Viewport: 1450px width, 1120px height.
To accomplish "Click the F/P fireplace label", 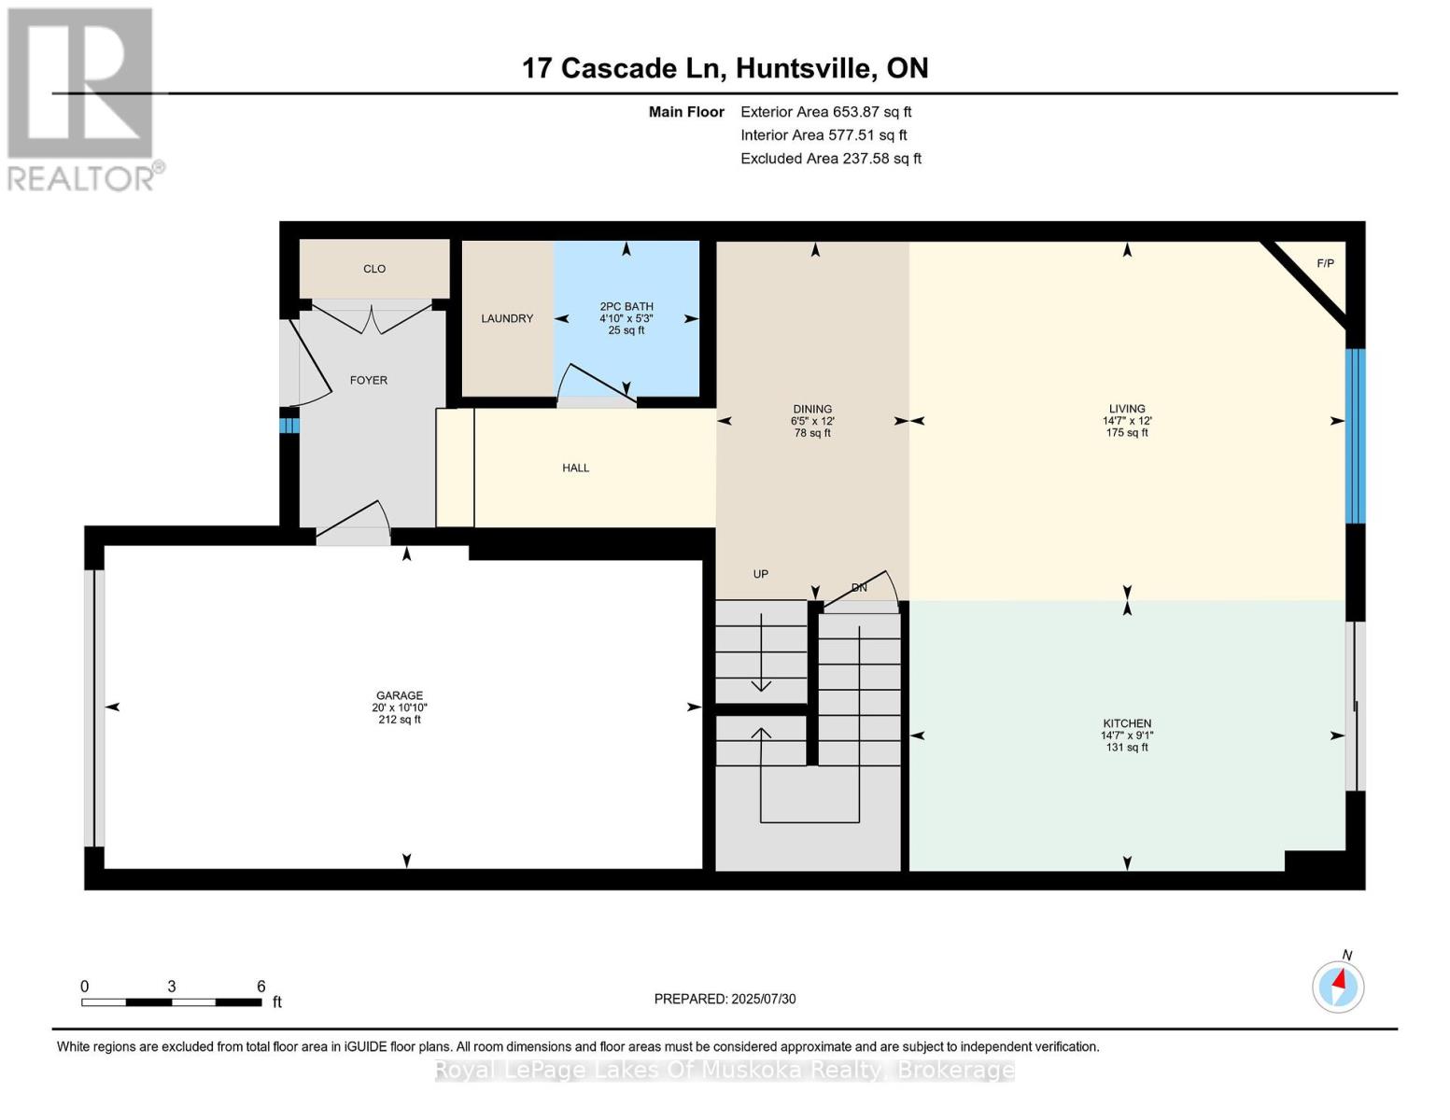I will (1325, 264).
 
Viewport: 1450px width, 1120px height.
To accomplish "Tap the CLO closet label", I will (374, 269).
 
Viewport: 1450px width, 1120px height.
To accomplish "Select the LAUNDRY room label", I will (507, 319).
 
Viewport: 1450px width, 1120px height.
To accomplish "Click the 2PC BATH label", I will (626, 307).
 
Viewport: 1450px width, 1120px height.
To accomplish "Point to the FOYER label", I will (369, 381).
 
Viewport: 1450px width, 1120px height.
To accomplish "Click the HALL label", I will (576, 469).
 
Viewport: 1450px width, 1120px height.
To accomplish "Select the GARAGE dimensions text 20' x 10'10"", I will (400, 708).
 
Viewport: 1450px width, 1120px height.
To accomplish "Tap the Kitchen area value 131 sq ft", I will (1127, 748).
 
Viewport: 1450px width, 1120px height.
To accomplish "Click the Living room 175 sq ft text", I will (1127, 433).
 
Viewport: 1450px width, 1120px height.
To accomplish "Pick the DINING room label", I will (812, 410).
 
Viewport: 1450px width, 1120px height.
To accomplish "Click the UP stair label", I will (761, 575).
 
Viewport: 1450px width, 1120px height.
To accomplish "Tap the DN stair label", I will (859, 588).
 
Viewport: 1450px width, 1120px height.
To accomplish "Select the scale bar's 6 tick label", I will (261, 987).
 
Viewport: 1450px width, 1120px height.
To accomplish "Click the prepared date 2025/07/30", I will (764, 1000).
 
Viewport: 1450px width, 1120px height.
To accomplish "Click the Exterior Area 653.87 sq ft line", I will (825, 112).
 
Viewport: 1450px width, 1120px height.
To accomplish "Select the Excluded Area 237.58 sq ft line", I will (831, 159).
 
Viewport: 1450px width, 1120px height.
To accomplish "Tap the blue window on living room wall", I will (1355, 436).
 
